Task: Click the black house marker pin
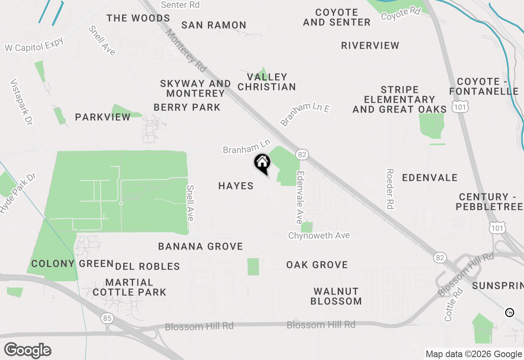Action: tap(262, 163)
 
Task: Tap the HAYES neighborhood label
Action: tap(236, 186)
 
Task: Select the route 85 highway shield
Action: tap(107, 318)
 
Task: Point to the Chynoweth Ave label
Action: tap(319, 236)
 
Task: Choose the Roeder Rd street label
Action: tap(390, 189)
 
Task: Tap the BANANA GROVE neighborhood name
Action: tap(201, 246)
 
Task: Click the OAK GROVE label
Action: tap(317, 265)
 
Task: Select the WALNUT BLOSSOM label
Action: tap(336, 296)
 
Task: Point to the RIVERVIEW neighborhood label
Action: tap(370, 45)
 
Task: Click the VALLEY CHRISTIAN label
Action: tap(267, 82)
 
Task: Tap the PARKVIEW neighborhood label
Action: tap(103, 117)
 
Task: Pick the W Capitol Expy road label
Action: tap(34, 45)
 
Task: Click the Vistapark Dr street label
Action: tap(21, 102)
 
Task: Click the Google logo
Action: tap(28, 351)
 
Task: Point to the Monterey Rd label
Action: tap(186, 49)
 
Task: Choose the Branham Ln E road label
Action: tap(305, 114)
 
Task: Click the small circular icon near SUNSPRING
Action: tap(510, 313)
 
